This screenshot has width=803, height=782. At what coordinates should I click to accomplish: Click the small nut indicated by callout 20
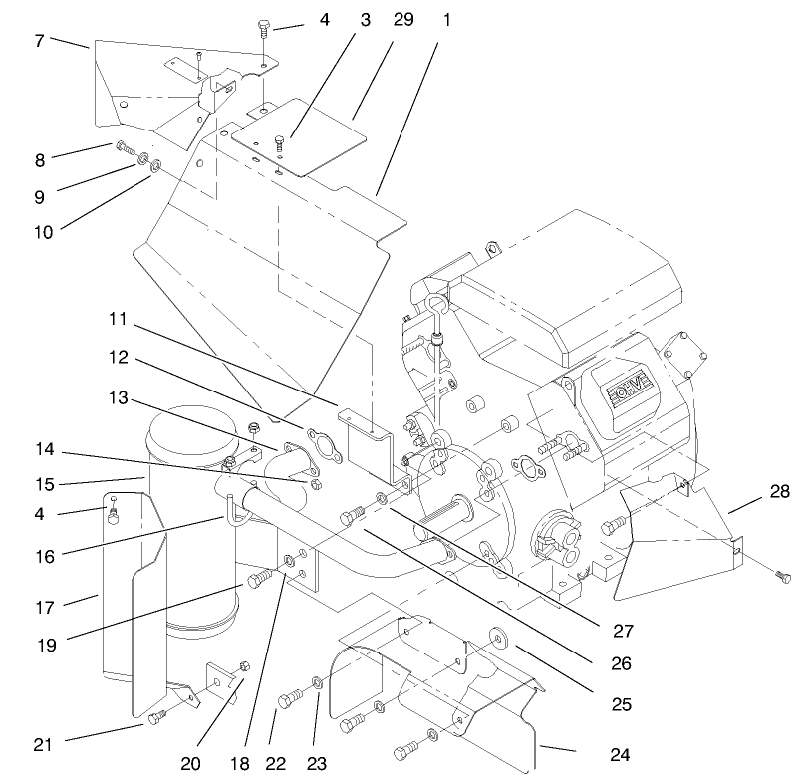pos(245,666)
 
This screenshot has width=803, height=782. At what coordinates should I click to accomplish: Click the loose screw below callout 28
pos(780,576)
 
